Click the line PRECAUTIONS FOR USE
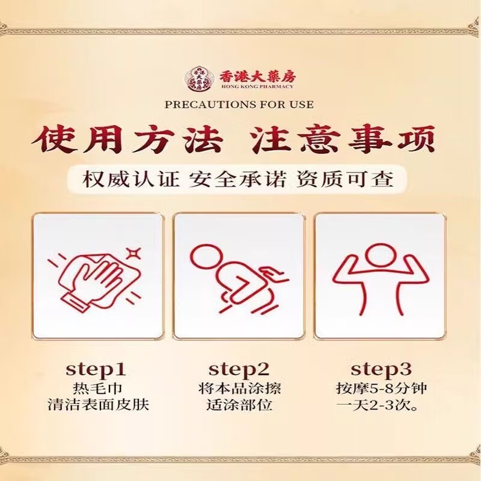click(x=239, y=104)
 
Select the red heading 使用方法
click(x=127, y=139)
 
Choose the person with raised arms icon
click(x=379, y=277)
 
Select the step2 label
click(x=239, y=369)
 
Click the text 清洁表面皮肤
click(x=97, y=404)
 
